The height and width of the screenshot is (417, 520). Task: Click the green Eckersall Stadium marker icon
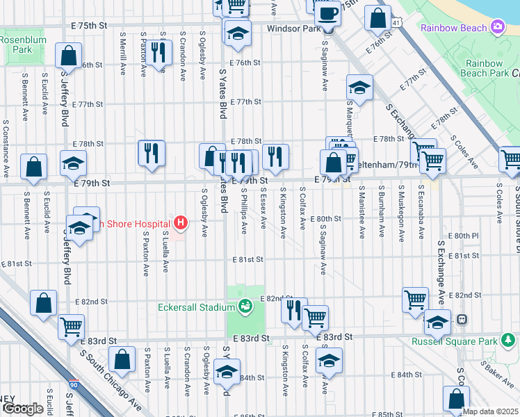(245, 305)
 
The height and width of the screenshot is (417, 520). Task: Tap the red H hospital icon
(181, 223)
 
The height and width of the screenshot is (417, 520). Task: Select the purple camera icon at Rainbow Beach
(497, 27)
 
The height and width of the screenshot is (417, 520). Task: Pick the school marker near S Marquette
(359, 87)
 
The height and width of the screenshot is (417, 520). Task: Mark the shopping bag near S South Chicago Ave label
(122, 359)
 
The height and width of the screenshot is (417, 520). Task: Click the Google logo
(23, 409)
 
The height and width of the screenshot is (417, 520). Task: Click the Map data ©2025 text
(490, 411)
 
